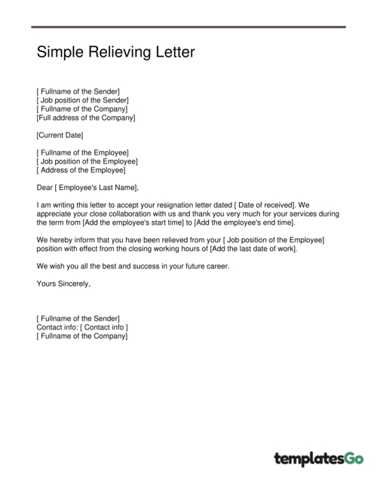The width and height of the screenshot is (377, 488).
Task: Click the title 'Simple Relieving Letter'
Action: point(115,53)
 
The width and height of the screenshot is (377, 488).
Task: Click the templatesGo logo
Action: point(318,459)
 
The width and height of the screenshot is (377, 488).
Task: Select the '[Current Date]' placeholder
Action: point(60,135)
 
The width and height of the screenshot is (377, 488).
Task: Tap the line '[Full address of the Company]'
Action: point(86,118)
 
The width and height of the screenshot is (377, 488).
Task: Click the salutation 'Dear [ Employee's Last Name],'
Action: point(87,187)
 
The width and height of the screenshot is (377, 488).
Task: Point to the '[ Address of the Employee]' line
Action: point(81,170)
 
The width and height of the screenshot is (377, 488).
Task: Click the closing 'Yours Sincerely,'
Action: point(63,284)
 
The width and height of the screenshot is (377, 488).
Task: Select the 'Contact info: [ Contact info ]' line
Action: point(82,327)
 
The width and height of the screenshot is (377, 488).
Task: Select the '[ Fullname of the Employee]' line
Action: point(82,152)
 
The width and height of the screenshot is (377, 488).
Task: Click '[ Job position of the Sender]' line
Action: point(82,100)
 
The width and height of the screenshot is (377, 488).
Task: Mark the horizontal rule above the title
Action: point(188,27)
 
